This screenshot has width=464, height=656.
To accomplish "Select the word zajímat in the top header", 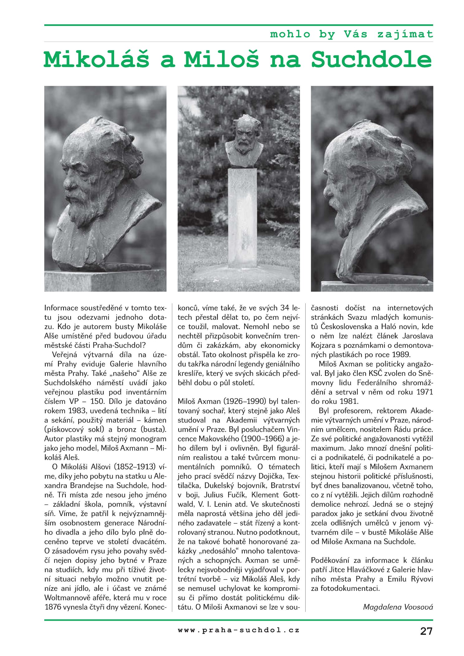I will click(405, 34).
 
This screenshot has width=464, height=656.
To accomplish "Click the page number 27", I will click(426, 631).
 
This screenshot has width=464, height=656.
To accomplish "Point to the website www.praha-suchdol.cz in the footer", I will click(239, 630).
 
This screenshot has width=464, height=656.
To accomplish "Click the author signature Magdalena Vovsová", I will click(398, 607).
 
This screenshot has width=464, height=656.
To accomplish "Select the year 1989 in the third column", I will click(401, 355).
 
